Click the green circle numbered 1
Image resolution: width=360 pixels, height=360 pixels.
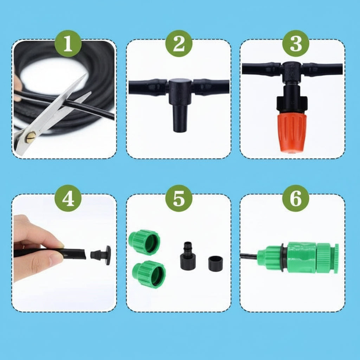(x=68, y=44)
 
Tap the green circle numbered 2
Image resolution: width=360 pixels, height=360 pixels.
(x=179, y=44)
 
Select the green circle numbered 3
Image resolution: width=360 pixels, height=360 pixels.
(x=296, y=44)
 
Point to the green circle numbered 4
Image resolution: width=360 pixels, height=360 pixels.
(x=68, y=198)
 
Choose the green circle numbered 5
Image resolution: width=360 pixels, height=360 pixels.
(x=179, y=198)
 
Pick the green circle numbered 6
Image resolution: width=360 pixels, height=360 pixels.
(x=296, y=198)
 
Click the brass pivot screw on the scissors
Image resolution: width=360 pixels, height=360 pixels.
(x=31, y=137)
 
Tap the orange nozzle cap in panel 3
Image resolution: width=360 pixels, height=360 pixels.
(x=292, y=132)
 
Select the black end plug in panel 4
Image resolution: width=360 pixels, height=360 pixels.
(x=101, y=255)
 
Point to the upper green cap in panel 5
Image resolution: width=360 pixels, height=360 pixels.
(x=144, y=242)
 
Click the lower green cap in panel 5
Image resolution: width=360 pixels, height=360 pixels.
(x=149, y=274)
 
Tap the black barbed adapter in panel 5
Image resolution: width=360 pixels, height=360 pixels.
(x=187, y=256)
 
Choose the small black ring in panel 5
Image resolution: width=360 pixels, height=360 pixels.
(x=216, y=264)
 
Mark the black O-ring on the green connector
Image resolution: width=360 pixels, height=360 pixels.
(x=284, y=257)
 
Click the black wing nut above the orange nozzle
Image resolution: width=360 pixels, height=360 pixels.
(x=291, y=103)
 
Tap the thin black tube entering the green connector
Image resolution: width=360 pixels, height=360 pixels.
(x=249, y=255)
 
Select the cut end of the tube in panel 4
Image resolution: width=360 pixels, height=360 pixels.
(x=84, y=254)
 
